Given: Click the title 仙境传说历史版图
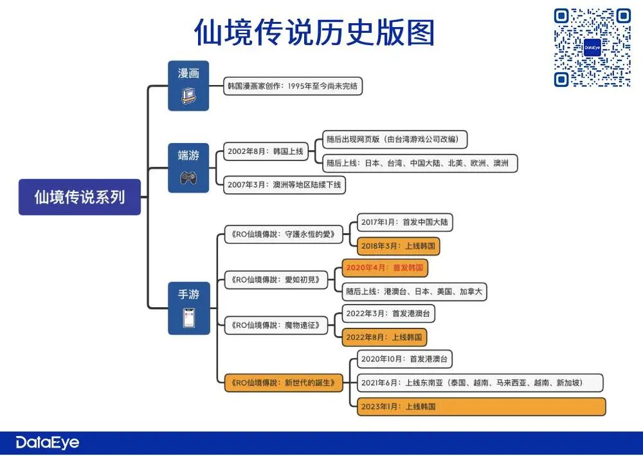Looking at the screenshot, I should [x=315, y=32].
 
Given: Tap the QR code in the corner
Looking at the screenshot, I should [x=592, y=48].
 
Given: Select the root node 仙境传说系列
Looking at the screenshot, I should [x=80, y=196].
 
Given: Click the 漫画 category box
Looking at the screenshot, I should [x=188, y=85].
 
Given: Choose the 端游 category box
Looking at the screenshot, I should [x=188, y=167].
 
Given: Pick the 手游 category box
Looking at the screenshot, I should [x=188, y=307].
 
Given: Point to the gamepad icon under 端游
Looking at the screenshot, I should [x=188, y=176].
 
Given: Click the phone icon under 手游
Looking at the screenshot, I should [x=188, y=318].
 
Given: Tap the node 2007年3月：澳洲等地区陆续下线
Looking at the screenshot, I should [x=284, y=185].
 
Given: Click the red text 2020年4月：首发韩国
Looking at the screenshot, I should [x=385, y=267].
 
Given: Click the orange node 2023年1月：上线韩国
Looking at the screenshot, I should [x=481, y=406].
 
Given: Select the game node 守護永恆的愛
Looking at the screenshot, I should [x=284, y=234].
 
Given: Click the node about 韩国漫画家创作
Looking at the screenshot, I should [x=293, y=86].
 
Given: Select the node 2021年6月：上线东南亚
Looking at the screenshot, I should [x=480, y=383].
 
